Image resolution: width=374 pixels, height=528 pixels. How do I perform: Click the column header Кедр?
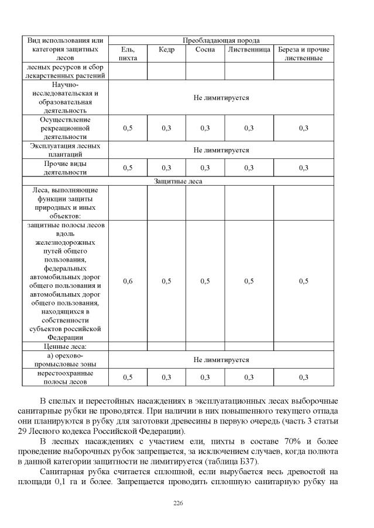point(166,50)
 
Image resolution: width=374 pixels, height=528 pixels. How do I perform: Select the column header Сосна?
point(205,50)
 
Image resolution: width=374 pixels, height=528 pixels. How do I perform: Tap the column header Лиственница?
point(249,50)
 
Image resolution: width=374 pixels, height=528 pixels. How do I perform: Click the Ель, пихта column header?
point(128,54)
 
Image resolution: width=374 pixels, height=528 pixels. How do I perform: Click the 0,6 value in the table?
point(128,282)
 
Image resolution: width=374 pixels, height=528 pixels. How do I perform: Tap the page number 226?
point(179,503)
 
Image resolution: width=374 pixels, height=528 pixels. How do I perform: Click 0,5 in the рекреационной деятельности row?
point(128,128)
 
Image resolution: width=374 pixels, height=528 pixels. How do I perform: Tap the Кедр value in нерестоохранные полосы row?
point(166,377)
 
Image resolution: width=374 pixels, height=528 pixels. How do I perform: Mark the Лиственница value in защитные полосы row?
point(249,282)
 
